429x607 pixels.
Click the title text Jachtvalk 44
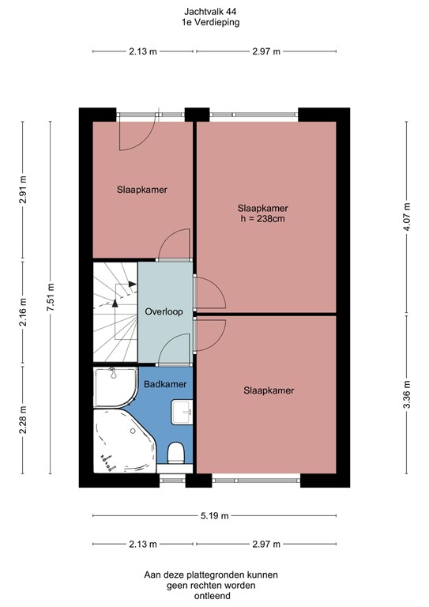click(209, 13)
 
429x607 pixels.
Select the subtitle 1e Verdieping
click(209, 23)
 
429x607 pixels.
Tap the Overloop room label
click(164, 312)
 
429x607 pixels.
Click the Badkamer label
click(165, 384)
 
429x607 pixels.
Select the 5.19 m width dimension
click(213, 516)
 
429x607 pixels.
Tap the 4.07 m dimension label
click(407, 217)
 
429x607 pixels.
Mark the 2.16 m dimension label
click(23, 315)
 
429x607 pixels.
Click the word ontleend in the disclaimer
click(210, 597)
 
